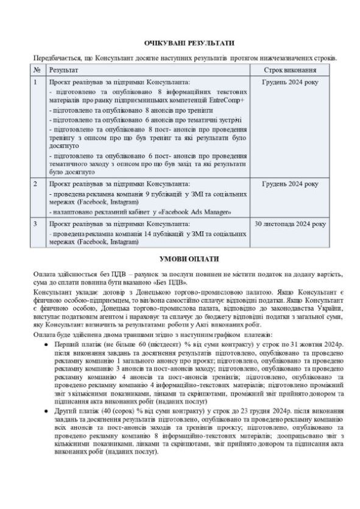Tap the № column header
point(38,71)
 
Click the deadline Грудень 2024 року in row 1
point(289,82)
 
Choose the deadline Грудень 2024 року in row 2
point(289,183)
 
